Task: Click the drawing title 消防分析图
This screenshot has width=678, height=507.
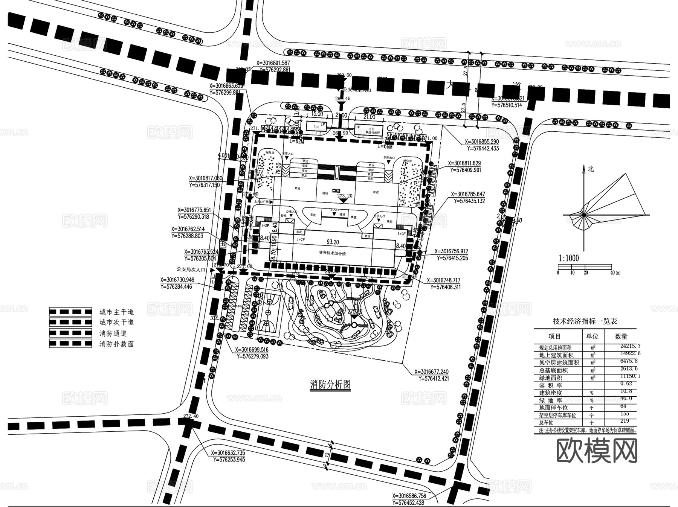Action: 331,384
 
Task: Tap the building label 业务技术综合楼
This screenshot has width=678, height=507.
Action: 332,253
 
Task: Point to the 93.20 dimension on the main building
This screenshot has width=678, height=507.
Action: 333,242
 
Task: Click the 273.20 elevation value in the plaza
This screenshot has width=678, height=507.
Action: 345,196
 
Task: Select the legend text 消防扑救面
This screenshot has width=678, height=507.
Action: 116,344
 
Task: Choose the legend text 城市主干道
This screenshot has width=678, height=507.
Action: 116,312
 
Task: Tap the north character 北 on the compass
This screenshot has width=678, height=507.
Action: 591,169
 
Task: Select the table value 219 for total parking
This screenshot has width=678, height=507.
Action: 624,421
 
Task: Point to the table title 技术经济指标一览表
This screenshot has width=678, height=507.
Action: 585,321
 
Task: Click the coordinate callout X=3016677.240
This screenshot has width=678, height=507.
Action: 432,371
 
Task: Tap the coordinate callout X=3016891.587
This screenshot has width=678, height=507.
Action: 273,63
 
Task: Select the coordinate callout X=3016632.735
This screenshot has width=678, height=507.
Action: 228,453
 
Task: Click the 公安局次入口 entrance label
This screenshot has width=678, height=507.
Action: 191,269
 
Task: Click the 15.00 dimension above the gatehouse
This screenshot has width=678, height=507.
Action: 317,114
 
